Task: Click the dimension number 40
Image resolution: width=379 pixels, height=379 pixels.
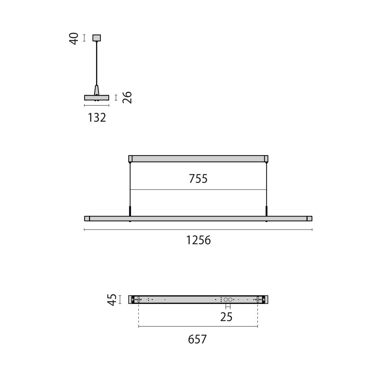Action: click(x=75, y=39)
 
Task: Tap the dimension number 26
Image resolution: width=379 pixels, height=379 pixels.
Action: click(x=127, y=97)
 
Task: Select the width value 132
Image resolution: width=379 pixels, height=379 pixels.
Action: click(x=97, y=118)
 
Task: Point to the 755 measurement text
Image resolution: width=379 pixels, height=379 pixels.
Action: click(x=198, y=179)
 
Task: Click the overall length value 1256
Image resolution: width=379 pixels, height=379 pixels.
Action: click(x=198, y=240)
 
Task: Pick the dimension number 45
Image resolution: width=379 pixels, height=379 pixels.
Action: click(x=112, y=300)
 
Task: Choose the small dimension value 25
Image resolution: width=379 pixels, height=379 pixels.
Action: click(x=226, y=317)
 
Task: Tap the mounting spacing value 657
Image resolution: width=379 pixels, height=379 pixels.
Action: click(x=197, y=340)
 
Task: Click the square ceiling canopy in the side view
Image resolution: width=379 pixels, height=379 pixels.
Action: click(x=97, y=38)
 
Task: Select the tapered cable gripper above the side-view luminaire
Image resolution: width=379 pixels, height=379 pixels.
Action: click(x=97, y=90)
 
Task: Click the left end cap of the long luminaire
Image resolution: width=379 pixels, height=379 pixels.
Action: click(x=87, y=218)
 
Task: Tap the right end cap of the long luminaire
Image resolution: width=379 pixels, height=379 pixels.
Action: click(x=310, y=218)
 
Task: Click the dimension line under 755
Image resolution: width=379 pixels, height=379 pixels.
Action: click(x=198, y=189)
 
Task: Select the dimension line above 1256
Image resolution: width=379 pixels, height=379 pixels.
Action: click(x=198, y=230)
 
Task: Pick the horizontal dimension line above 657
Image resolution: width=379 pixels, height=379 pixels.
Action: click(x=198, y=327)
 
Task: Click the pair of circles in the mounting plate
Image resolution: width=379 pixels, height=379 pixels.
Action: click(x=228, y=299)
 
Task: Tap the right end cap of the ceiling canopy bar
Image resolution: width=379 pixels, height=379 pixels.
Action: click(x=266, y=158)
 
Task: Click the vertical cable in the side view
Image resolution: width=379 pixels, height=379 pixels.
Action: click(x=97, y=63)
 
